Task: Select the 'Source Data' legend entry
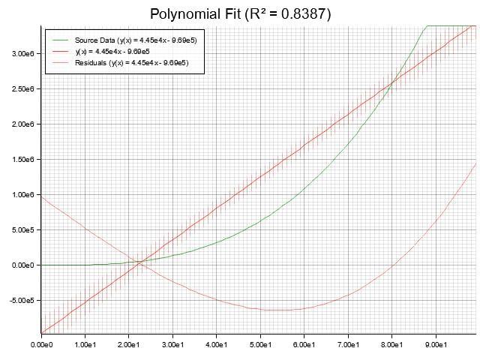pos(136,40)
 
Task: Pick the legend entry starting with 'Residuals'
pos(131,63)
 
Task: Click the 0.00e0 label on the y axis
pos(21,265)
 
